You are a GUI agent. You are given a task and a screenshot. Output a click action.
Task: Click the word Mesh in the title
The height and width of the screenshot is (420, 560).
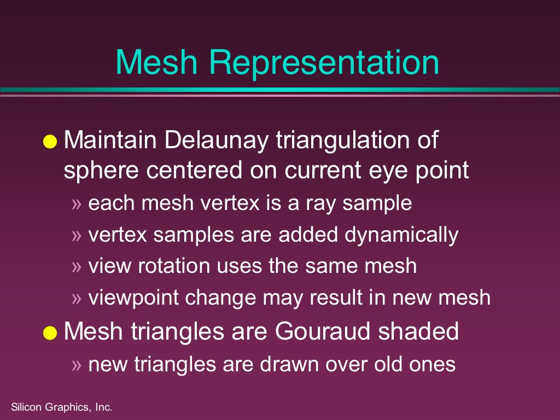157,62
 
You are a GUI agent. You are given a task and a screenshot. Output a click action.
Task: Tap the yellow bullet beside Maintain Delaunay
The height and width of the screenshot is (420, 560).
50,141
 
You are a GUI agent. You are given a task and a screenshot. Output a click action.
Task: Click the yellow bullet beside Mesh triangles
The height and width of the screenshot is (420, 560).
50,332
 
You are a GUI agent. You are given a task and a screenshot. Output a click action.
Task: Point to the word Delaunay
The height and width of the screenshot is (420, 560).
216,141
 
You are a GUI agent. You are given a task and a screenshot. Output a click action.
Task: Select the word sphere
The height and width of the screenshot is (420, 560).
101,171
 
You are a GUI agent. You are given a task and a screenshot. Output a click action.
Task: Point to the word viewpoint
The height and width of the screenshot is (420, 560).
133,298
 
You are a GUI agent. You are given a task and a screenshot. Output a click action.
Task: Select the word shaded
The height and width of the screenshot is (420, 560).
418,331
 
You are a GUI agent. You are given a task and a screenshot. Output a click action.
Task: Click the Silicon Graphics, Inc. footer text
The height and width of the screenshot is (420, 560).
62,407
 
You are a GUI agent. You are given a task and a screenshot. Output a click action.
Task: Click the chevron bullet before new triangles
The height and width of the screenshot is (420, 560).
77,365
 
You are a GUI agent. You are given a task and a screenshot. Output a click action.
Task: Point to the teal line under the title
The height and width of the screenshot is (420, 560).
280,90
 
